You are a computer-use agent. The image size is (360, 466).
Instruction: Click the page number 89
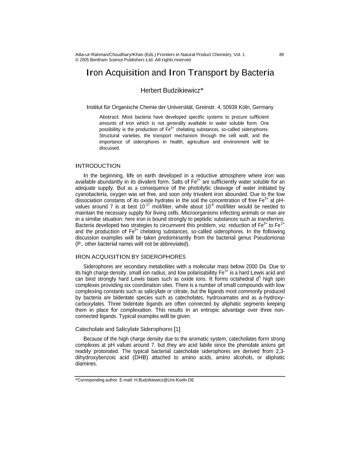coord(281,54)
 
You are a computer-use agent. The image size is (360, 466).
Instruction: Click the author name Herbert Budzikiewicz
coord(172,90)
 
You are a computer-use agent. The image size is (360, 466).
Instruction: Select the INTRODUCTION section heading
coord(98,166)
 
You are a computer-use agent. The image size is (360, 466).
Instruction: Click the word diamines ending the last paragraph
coord(86,364)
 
